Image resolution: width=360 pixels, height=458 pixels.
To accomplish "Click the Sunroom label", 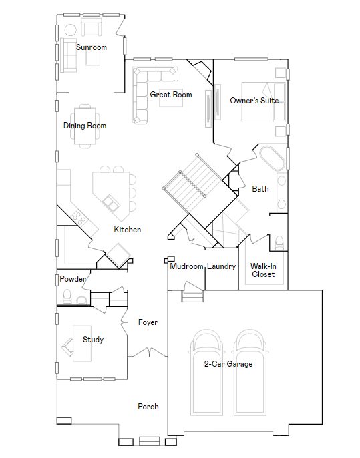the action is (x=91, y=47).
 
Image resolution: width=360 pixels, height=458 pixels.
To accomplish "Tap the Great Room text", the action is (x=171, y=95).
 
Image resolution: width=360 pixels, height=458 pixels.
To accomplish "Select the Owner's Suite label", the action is (x=254, y=101).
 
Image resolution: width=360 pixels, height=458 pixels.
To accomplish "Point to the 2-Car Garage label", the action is (x=228, y=364).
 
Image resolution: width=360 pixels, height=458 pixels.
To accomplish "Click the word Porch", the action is (x=148, y=407).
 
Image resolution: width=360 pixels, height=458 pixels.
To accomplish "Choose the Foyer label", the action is (x=148, y=322).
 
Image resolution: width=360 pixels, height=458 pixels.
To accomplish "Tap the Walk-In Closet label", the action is (x=263, y=270).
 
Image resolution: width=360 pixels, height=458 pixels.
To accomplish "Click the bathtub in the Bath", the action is (x=272, y=158).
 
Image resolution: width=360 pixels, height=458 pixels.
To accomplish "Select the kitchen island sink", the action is (x=111, y=203).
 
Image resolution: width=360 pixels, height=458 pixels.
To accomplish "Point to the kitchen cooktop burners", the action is (x=79, y=218).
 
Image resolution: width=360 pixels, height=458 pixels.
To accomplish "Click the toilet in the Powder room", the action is (x=67, y=296).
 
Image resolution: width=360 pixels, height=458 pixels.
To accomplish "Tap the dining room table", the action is (x=85, y=126).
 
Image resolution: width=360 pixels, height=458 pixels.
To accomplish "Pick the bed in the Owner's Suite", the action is (x=263, y=102).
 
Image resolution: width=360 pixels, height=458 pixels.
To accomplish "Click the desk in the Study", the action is (x=82, y=343).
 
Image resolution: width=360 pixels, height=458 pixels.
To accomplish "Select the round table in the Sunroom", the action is (x=70, y=30).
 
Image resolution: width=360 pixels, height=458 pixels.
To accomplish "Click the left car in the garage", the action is (x=206, y=373).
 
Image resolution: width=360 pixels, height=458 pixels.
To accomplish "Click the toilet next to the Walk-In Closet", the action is (x=279, y=243).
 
